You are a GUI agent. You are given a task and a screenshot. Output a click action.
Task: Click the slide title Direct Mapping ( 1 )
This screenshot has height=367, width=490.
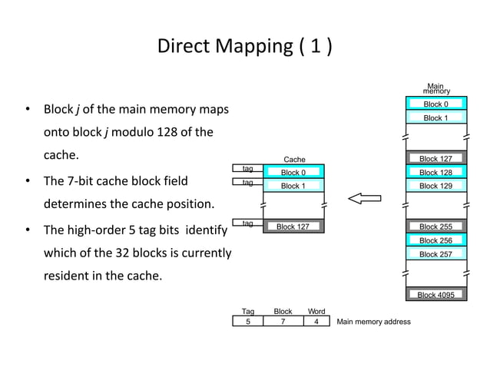coord(245,47)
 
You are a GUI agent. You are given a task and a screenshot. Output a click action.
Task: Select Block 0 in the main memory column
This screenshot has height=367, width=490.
coord(435,104)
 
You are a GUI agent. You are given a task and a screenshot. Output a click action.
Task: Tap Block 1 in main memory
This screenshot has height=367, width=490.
coord(435,118)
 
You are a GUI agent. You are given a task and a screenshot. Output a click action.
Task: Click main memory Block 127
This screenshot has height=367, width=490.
coord(435,159)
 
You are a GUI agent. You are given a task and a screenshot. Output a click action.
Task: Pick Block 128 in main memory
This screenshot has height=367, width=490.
coord(435,173)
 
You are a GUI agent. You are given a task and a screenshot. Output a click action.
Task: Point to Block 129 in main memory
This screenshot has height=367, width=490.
coord(435,186)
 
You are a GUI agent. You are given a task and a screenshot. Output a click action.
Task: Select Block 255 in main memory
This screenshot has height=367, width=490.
coord(435,226)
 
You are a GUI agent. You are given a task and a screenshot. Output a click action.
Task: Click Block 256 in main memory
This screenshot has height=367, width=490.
coord(435,240)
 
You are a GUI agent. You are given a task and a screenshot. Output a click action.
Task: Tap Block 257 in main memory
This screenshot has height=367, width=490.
coord(435,254)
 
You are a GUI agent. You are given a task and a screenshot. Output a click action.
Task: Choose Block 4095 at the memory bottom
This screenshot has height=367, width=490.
coord(435,295)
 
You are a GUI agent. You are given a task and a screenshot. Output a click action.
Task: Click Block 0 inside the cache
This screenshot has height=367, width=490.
coord(293,173)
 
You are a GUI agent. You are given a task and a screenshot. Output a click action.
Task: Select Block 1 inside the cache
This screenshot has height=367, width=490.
coord(293,186)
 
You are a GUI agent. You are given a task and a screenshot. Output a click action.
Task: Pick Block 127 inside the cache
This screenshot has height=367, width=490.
coord(293,226)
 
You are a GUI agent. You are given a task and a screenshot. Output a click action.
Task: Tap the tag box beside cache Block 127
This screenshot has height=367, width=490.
coord(247,223)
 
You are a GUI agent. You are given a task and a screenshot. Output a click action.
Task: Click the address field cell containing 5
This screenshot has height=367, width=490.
coord(248,322)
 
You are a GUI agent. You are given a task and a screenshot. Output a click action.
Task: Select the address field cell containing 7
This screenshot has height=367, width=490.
coord(283,322)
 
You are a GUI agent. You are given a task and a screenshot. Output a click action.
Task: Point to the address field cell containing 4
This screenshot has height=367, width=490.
coord(316,322)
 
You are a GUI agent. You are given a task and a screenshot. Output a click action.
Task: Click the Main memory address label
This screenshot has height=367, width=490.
coord(373,322)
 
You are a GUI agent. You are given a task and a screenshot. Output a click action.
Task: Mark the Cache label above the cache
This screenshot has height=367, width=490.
coord(294,160)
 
